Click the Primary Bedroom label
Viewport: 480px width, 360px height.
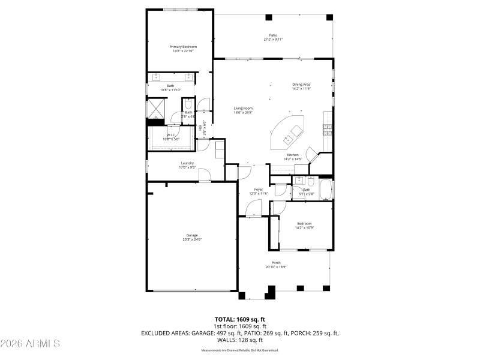pyautogui.click(x=182, y=47)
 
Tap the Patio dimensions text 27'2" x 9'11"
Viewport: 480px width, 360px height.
pyautogui.click(x=273, y=40)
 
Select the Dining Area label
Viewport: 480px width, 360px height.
pyautogui.click(x=301, y=85)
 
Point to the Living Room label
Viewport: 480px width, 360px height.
pyautogui.click(x=243, y=108)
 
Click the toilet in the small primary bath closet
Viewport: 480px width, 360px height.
pyautogui.click(x=188, y=103)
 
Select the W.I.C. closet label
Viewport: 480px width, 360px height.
pyautogui.click(x=170, y=135)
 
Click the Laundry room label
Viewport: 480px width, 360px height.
pyautogui.click(x=187, y=163)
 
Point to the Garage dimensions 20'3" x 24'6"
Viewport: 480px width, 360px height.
pyautogui.click(x=192, y=239)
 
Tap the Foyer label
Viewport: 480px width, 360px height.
pyautogui.click(x=258, y=190)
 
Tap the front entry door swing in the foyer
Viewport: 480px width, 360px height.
pyautogui.click(x=253, y=208)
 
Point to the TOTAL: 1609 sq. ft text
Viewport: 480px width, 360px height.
pyautogui.click(x=240, y=319)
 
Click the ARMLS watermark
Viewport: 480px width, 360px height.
pyautogui.click(x=30, y=344)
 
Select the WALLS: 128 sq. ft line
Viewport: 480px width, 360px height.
pyautogui.click(x=240, y=340)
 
